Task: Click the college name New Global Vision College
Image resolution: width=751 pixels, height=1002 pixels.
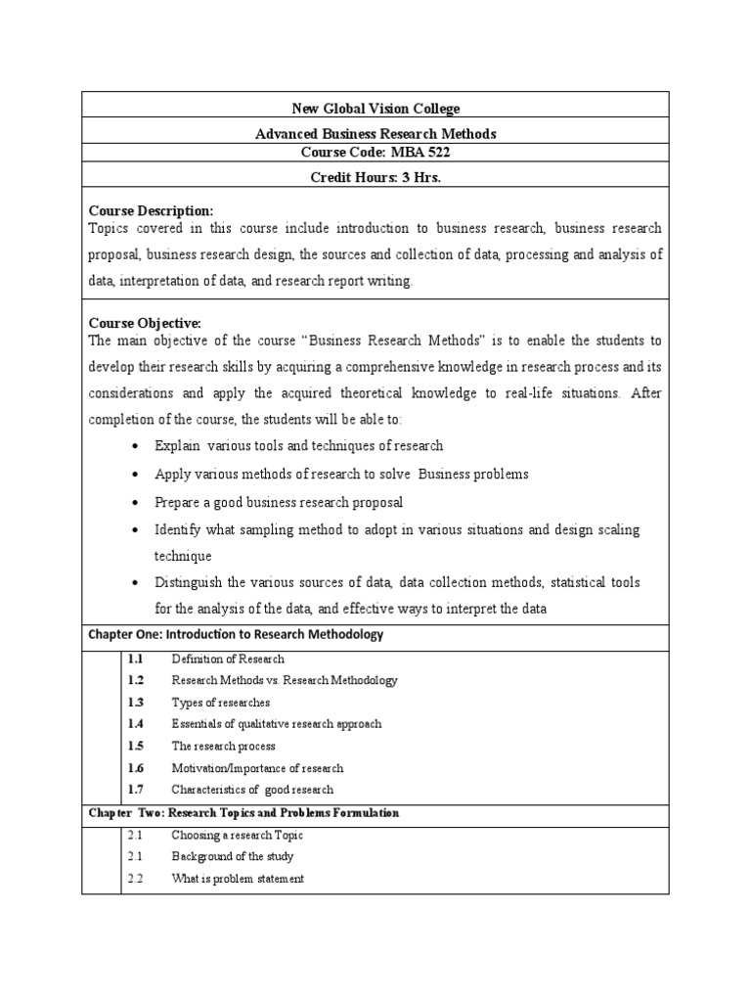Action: coord(375,108)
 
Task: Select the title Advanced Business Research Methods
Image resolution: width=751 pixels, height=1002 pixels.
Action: coord(375,134)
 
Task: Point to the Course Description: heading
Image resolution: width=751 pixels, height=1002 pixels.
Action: coord(151,210)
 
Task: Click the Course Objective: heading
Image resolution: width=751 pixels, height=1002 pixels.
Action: coord(145,323)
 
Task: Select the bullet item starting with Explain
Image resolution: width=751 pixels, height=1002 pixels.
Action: coord(298,445)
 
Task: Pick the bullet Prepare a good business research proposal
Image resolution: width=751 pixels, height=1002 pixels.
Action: coord(279,502)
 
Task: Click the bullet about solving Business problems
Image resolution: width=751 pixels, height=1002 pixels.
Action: coord(341,474)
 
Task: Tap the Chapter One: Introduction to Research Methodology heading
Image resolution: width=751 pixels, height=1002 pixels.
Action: coord(236,635)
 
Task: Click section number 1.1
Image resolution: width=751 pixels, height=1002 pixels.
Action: coord(135,660)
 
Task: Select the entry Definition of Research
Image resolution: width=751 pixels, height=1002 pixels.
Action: coord(228,660)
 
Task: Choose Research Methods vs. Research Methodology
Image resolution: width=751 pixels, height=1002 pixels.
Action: coord(285,680)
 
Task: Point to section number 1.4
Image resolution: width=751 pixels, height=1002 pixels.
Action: coord(135,724)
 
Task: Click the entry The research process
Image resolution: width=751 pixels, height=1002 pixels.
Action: coord(223,746)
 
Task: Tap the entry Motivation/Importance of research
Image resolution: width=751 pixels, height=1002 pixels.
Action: coord(257,768)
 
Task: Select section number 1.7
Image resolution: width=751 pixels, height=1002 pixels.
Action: coord(135,790)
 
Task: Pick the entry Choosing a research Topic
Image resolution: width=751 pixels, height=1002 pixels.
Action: coord(237,836)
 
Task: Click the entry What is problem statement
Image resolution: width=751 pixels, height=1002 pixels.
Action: coord(238,879)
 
